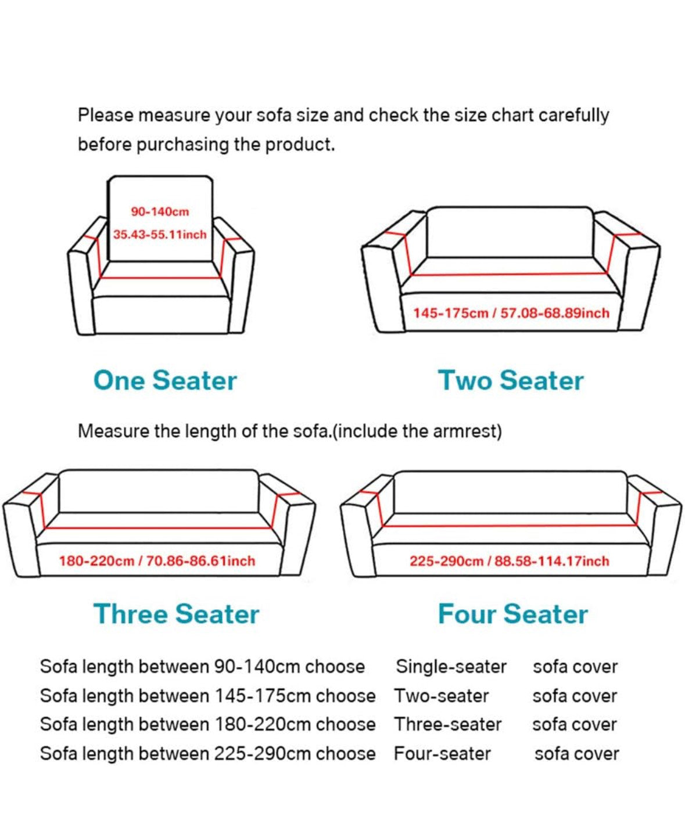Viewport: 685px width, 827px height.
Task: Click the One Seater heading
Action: point(165,380)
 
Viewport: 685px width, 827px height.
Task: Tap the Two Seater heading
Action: point(511,380)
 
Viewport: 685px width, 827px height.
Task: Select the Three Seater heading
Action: point(176,614)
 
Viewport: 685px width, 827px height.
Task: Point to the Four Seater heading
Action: point(513,614)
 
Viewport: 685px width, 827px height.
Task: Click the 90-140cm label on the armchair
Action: point(160,212)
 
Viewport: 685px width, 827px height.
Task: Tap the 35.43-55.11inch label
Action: point(160,235)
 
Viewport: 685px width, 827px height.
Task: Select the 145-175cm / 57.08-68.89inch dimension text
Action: point(511,313)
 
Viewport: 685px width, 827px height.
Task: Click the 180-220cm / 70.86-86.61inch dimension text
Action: point(157,561)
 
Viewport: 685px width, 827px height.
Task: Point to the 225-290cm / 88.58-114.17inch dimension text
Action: point(510,561)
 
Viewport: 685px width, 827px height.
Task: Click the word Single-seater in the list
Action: point(451,667)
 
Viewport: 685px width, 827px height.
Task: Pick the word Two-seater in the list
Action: point(442,696)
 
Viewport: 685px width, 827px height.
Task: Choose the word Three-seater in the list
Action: point(448,724)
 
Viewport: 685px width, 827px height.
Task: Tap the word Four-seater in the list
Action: point(443,753)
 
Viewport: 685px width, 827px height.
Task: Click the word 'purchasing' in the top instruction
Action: point(182,145)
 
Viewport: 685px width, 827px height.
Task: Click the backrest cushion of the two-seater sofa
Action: point(510,232)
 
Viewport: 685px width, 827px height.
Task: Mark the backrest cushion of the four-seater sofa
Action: point(511,492)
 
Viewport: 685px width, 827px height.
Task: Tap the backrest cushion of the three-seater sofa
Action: point(159,491)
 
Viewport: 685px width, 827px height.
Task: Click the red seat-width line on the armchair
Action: point(160,278)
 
